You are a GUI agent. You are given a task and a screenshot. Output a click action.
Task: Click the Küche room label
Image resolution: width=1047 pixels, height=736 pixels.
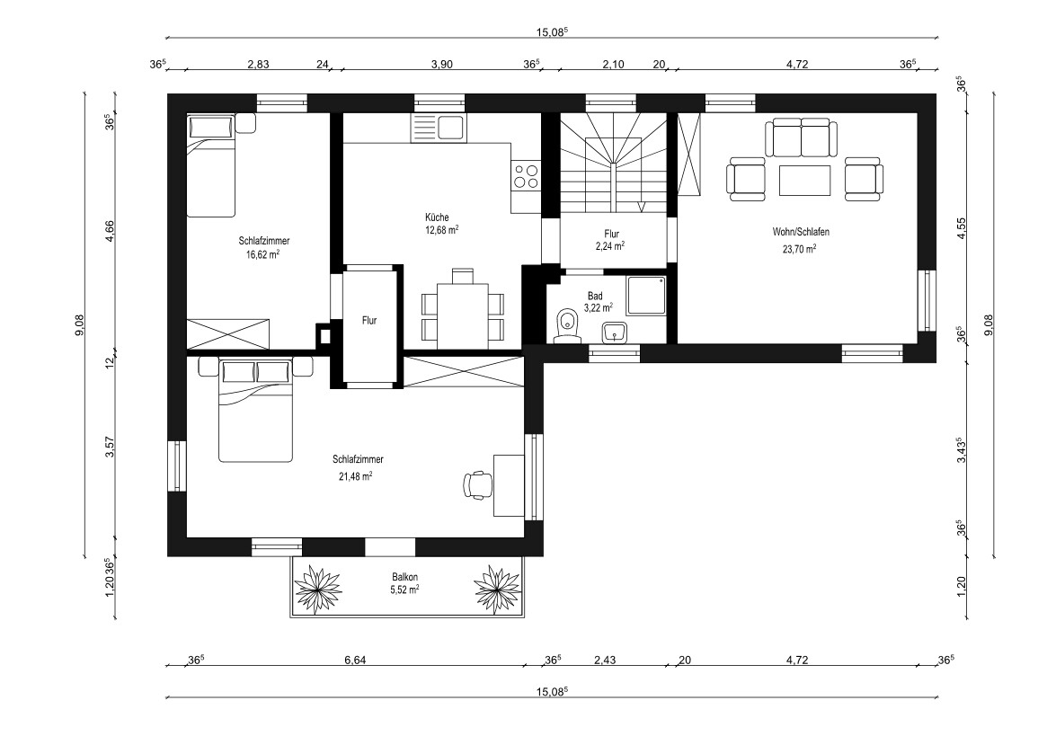[437, 217]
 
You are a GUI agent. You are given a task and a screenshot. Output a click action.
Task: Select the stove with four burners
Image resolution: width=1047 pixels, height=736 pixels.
[526, 175]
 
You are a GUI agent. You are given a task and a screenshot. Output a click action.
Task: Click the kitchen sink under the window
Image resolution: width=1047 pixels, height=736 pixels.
[438, 128]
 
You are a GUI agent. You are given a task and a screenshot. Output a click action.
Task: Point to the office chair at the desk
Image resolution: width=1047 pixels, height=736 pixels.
[477, 484]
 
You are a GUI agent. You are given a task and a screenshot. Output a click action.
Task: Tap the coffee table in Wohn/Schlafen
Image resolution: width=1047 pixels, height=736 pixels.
[804, 181]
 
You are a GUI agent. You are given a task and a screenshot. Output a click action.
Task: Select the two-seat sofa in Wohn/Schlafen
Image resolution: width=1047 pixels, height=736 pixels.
[804, 138]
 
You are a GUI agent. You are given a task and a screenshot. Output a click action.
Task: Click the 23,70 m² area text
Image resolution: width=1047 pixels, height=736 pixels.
[799, 249]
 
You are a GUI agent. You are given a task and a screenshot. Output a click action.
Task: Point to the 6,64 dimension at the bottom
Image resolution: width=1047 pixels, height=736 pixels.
[355, 661]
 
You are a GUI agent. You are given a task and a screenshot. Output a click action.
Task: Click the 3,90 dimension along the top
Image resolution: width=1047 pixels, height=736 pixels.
[442, 64]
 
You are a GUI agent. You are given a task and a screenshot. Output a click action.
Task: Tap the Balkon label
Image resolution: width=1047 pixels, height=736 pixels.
[404, 577]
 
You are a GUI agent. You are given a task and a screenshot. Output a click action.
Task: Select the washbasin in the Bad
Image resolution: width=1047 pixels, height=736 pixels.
[615, 332]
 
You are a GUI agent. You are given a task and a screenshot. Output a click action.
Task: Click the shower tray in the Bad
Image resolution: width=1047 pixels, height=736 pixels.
[646, 296]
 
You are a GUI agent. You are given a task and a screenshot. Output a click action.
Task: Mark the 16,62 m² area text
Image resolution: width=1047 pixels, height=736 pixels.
[262, 253]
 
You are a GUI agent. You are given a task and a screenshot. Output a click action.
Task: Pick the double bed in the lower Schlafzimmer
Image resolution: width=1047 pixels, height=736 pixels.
[256, 411]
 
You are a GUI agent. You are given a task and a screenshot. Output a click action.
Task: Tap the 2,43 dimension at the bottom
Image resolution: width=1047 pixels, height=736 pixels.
[605, 661]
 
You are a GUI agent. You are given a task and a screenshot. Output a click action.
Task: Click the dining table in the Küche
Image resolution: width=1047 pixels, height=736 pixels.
[463, 316]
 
